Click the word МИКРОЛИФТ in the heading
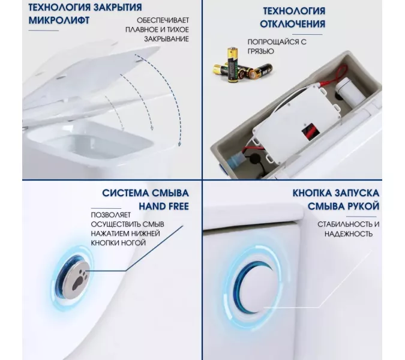coord(52,21)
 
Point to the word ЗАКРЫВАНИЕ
coord(166,39)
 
